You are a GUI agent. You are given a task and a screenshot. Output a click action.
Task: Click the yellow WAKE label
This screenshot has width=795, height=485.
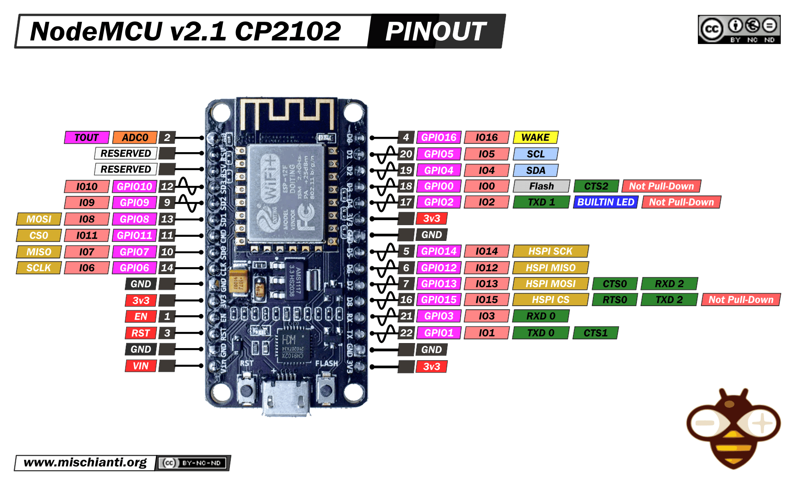(535, 137)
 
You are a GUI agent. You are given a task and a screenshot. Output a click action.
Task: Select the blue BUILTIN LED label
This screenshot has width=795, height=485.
(605, 202)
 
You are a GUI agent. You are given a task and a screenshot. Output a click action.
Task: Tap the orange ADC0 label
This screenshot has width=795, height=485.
(135, 137)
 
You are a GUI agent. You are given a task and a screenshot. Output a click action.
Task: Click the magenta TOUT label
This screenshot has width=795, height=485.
(86, 137)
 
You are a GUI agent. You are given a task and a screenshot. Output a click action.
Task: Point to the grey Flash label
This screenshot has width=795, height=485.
(541, 186)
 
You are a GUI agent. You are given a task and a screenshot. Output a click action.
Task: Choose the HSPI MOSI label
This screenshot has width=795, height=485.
(550, 283)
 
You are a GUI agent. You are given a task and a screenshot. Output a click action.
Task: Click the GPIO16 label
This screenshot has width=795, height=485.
(438, 137)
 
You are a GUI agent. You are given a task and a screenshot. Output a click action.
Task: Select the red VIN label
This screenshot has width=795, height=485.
(141, 366)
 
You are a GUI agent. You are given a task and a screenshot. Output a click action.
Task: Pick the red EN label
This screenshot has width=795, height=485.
(141, 316)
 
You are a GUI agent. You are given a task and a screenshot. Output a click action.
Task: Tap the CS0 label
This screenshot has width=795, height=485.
(38, 235)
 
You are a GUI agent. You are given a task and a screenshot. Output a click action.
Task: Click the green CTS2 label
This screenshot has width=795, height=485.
(596, 186)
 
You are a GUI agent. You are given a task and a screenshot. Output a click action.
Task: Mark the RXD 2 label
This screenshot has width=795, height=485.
(669, 283)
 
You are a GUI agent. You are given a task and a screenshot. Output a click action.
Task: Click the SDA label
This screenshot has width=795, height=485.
(536, 170)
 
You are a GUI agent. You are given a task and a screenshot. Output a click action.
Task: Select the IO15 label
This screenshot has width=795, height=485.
(487, 300)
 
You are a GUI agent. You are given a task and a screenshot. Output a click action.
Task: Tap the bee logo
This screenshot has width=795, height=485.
(733, 428)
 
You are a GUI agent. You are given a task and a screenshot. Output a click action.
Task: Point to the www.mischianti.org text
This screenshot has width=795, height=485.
(85, 462)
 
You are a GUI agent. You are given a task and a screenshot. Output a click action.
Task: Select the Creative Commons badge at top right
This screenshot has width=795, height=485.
(739, 30)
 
